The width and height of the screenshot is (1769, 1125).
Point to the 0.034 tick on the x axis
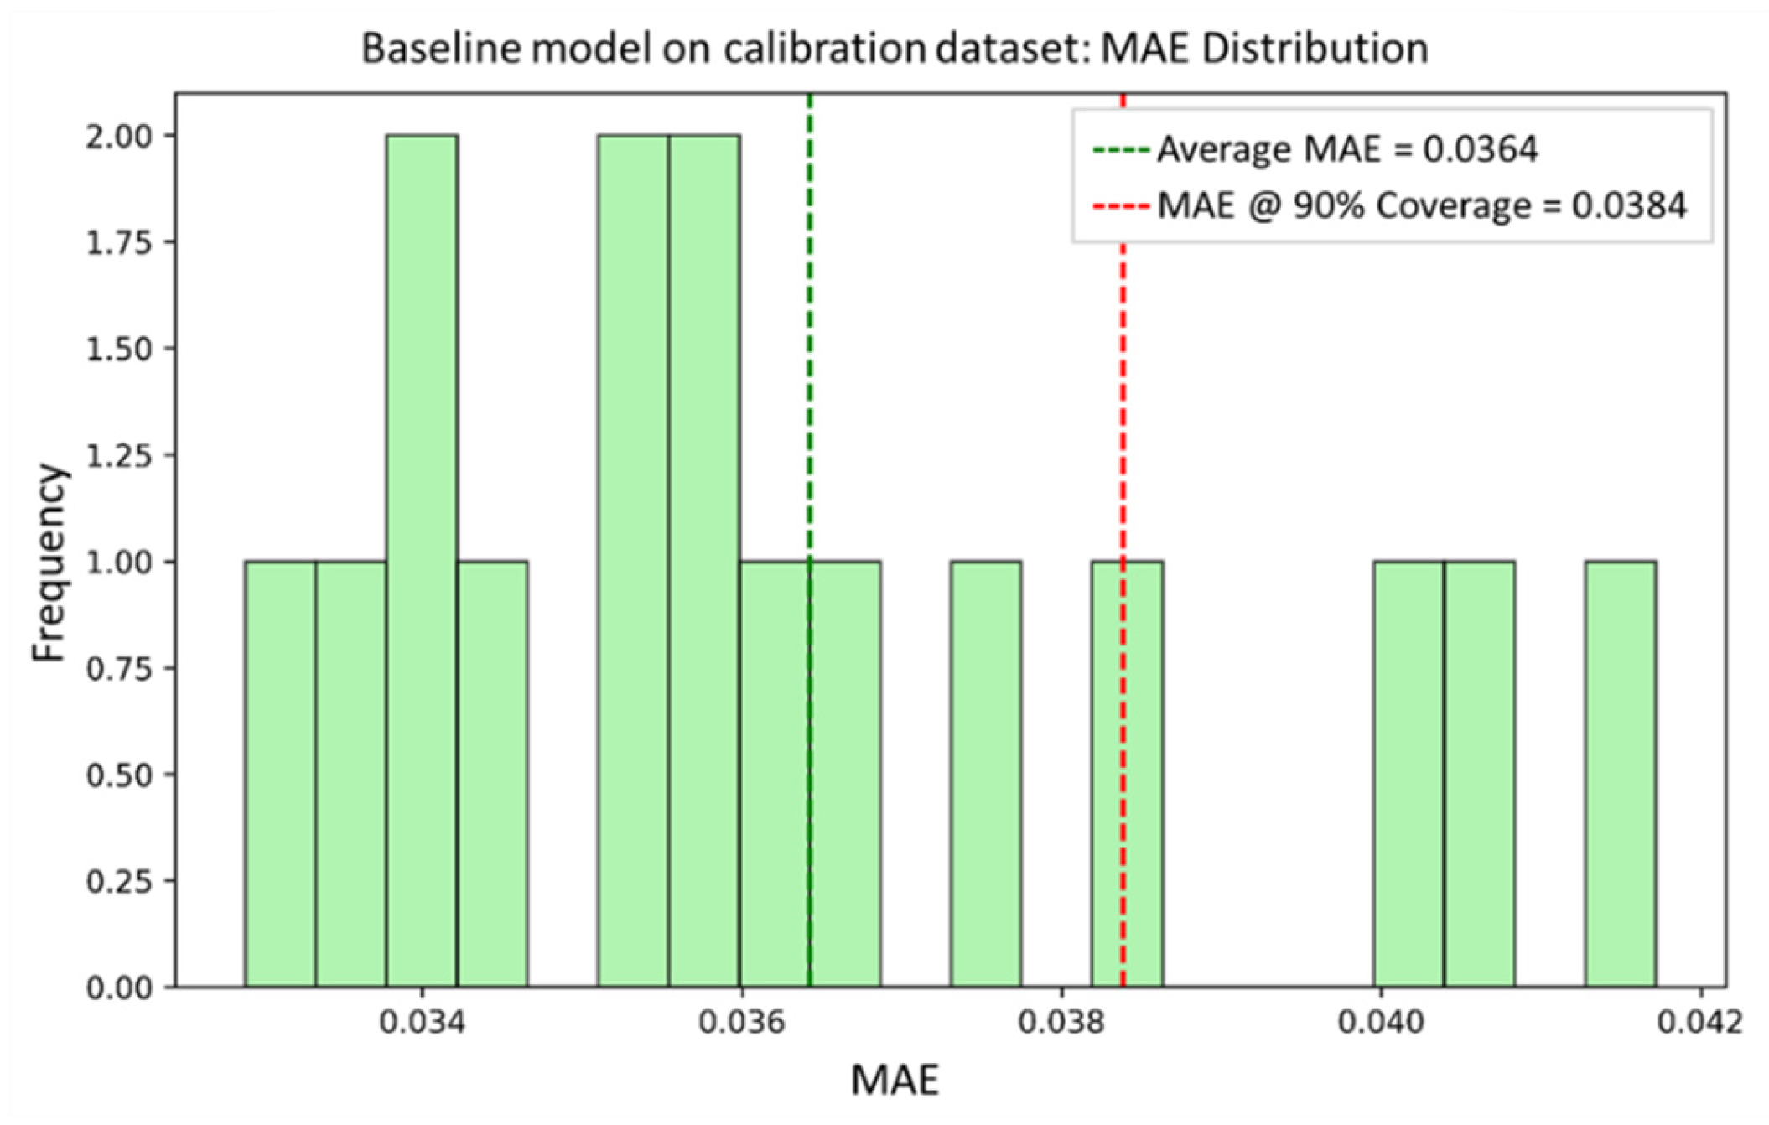[422, 1024]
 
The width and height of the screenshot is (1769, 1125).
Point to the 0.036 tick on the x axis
[742, 1024]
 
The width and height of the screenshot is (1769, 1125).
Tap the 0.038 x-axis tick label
[1061, 1024]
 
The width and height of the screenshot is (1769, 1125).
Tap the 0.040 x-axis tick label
[1381, 1024]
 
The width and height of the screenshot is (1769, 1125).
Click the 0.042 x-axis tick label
[1700, 1024]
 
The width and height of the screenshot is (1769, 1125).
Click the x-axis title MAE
[895, 1081]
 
